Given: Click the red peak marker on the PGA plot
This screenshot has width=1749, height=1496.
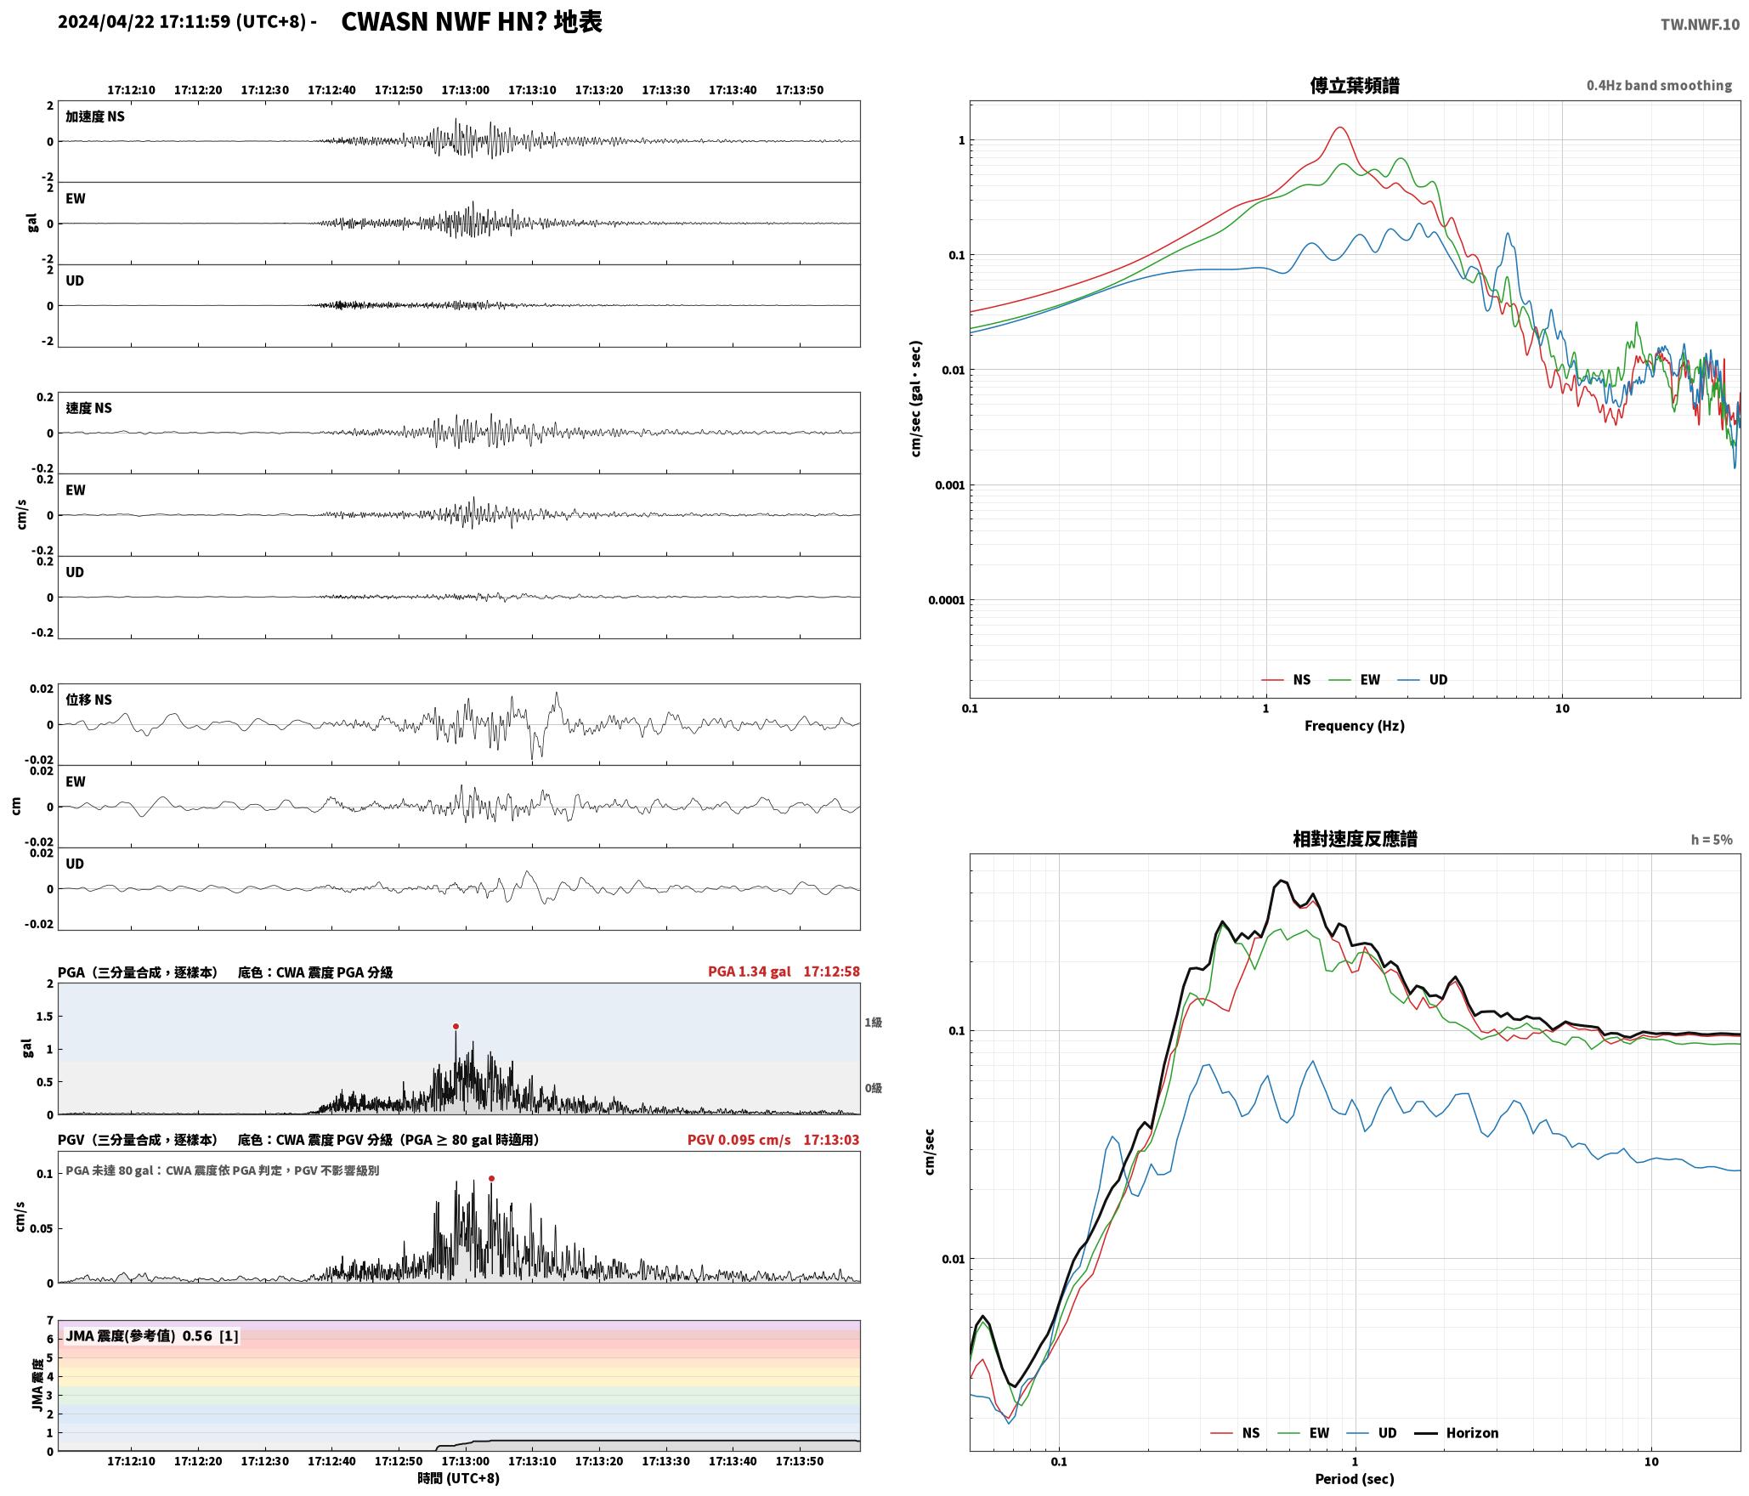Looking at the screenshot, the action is [456, 1026].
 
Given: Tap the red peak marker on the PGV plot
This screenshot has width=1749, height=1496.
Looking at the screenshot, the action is [491, 1178].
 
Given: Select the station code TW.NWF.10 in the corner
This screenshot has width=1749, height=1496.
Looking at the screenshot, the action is [1700, 25].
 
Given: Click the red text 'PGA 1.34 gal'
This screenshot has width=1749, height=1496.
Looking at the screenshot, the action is [749, 972].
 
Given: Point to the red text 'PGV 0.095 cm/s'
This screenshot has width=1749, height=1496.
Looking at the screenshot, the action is [739, 1140].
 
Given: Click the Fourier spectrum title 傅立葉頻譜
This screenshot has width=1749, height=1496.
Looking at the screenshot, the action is [1355, 86].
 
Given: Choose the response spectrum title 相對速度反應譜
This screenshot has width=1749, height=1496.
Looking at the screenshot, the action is [1355, 839].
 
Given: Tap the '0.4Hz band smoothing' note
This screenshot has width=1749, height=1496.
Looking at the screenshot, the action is [1659, 86].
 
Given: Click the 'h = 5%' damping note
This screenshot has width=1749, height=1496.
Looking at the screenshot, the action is [1711, 840].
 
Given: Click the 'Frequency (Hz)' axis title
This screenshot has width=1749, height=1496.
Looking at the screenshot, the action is [1355, 726].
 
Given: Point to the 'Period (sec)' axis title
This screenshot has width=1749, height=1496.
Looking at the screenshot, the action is [1355, 1479].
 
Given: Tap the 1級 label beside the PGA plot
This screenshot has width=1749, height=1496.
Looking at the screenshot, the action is [873, 1023].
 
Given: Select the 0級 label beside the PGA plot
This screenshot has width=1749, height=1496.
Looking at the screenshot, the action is [873, 1088].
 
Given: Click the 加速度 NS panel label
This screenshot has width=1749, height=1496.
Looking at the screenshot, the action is [95, 116].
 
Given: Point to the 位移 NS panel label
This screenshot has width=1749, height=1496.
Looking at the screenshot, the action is [89, 700].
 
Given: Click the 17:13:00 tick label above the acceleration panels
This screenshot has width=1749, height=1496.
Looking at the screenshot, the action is [465, 90].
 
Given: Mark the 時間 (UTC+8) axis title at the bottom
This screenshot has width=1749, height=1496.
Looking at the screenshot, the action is [459, 1478].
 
